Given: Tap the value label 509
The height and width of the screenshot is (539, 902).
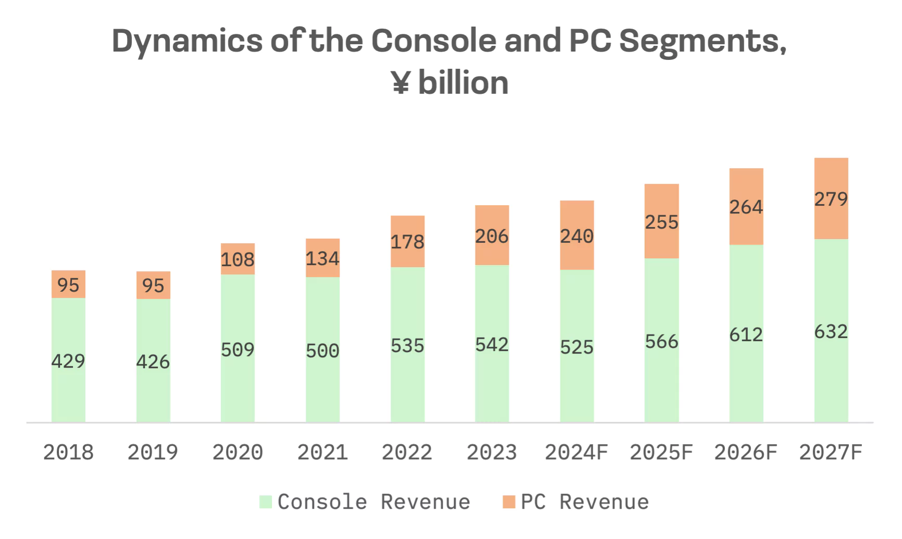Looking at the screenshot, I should pos(237,349).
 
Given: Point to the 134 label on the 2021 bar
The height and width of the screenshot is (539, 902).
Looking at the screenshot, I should pos(322,258).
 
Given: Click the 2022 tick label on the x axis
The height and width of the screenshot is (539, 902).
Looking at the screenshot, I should pos(407,452).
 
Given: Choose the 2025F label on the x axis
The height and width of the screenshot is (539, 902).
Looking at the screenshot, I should pos(661,452).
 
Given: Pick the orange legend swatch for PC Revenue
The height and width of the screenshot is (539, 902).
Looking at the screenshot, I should pos(509,502).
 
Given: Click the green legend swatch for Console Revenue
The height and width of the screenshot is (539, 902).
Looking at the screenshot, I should pos(266,502).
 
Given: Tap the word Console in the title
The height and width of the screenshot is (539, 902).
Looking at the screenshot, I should pos(433,41).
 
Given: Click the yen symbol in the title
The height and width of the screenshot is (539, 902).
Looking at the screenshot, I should pos(400,83).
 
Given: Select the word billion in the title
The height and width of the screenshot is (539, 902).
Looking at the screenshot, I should pos(463,83).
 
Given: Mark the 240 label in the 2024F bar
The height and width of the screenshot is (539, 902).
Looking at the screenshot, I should pos(577,236).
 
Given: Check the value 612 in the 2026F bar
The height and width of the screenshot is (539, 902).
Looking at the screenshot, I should pos(746,334).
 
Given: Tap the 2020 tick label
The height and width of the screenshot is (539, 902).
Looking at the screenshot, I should pos(237,452).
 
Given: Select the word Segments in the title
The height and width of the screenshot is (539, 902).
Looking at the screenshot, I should pos(703,41).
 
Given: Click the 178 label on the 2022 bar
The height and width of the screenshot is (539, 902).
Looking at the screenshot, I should pos(407,242).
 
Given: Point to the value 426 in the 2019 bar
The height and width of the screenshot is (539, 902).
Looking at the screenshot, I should pos(153,361).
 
